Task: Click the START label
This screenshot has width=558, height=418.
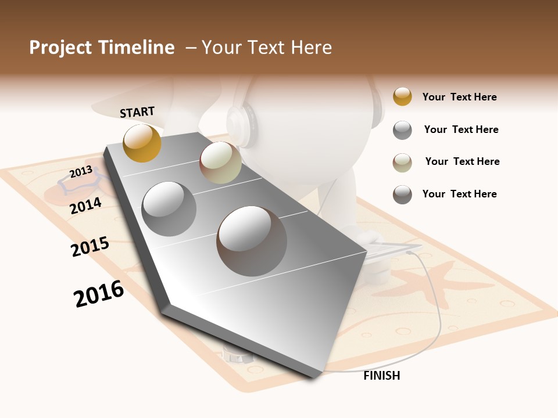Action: pos(137,111)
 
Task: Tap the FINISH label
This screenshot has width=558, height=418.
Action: pos(381,376)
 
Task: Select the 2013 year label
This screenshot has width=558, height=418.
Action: pos(81,172)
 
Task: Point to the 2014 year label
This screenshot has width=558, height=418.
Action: pos(85,206)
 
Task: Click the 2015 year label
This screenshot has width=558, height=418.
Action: pos(90,247)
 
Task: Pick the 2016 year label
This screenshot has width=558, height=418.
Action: pos(99,294)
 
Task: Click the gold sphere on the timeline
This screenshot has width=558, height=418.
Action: pos(142,143)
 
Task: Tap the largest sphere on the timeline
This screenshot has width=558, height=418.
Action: pos(252,240)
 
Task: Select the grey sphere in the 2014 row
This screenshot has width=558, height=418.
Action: pos(169,208)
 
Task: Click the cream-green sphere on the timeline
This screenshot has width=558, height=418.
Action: pos(220,163)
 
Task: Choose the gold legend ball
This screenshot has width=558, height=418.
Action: pos(402,96)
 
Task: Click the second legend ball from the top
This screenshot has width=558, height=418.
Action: pos(402,130)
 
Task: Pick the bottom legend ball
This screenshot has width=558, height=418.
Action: pos(402,194)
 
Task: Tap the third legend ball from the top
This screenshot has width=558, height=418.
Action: pos(402,163)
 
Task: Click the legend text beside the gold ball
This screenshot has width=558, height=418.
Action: pos(459,97)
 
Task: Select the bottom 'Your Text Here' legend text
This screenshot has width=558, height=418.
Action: pos(459,194)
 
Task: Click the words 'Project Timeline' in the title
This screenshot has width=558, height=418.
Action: pos(102,48)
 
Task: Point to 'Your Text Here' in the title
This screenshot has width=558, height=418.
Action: pos(267,48)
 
